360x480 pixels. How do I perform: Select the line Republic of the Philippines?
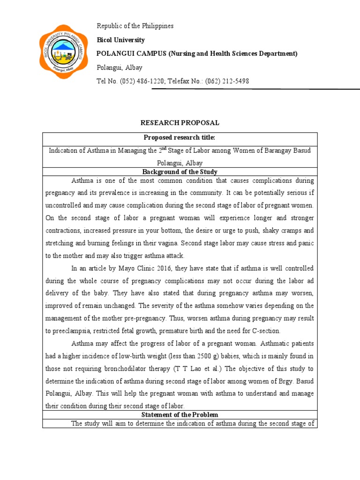pyautogui.click(x=135, y=26)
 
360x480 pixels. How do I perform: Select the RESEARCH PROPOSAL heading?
pyautogui.click(x=180, y=123)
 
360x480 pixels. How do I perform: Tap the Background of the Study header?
pyautogui.click(x=180, y=172)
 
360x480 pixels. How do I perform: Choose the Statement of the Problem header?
pyautogui.click(x=180, y=415)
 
